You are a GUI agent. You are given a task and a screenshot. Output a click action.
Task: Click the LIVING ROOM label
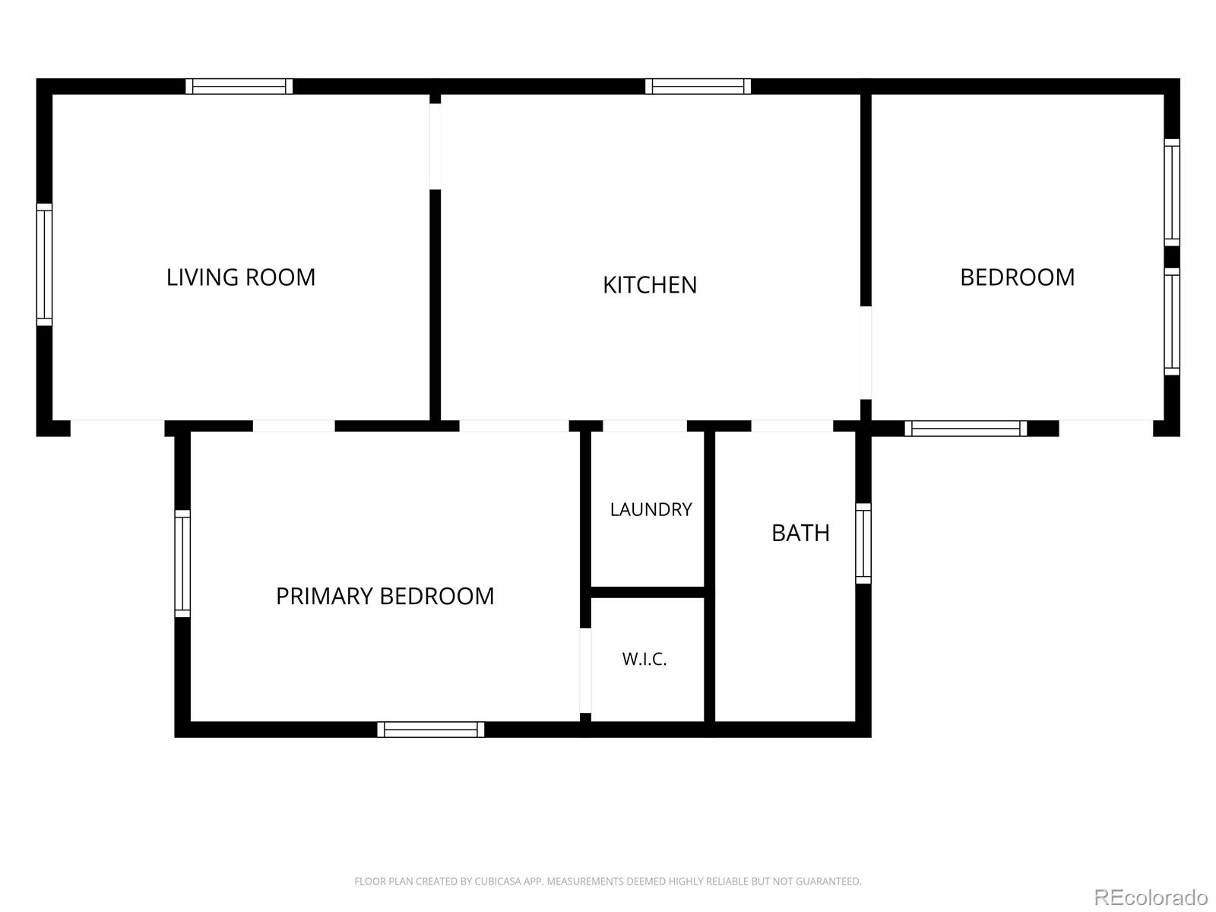240,277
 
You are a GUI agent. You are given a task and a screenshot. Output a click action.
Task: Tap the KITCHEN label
649,285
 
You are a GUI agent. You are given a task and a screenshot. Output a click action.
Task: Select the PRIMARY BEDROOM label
385,597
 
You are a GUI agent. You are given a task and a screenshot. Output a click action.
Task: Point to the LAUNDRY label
651,509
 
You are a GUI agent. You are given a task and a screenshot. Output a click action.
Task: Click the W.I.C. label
644,659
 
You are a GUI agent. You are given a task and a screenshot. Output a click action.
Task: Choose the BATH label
800,534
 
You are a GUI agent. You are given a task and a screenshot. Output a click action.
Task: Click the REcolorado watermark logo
1151,897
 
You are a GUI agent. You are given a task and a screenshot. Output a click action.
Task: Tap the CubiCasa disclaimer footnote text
608,881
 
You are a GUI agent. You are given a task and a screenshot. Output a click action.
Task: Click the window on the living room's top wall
239,87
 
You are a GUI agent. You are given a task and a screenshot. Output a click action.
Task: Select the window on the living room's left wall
44,264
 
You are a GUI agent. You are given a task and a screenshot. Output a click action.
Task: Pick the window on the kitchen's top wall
698,87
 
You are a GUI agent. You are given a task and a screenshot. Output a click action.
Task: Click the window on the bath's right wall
863,543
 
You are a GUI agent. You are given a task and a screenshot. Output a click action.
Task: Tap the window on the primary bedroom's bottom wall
430,730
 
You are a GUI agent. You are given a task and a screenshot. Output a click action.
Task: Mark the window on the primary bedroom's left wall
182,563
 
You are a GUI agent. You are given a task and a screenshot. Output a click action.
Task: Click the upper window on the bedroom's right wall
1172,192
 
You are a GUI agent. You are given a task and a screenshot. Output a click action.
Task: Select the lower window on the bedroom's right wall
1172,321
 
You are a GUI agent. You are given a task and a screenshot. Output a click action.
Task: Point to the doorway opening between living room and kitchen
435,147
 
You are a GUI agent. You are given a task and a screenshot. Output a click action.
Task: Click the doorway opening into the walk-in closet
585,670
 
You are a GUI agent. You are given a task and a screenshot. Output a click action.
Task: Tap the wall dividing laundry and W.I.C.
648,593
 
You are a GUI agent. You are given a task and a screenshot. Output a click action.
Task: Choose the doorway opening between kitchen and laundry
644,426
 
